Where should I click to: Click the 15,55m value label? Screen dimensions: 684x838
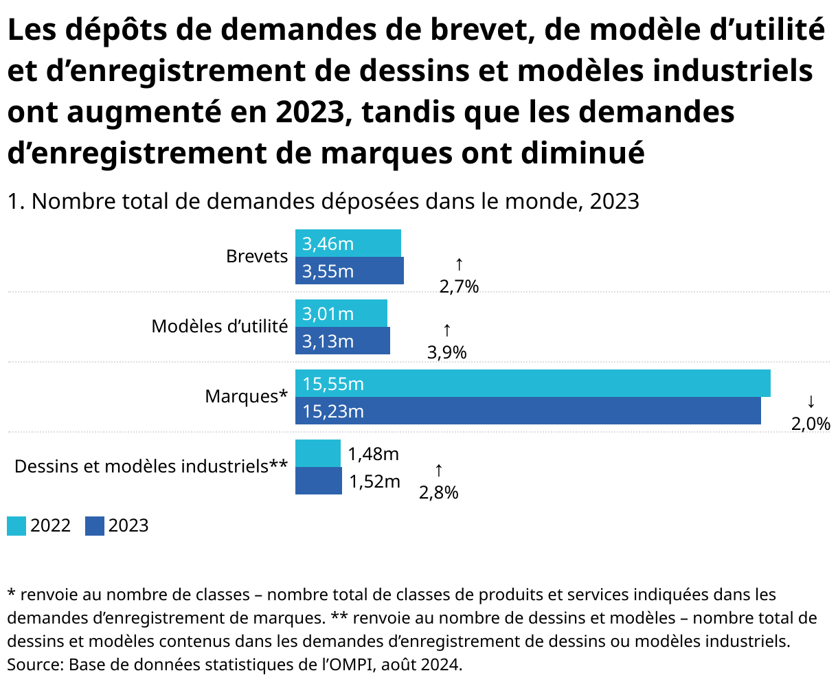coord(333,384)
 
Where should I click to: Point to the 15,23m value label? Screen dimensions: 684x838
coord(333,411)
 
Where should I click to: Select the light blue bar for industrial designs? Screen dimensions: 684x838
coord(318,453)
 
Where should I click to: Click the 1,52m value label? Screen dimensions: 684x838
coord(374,481)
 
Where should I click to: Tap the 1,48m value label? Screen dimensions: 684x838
coord(373,454)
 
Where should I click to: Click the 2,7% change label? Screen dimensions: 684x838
coord(459,287)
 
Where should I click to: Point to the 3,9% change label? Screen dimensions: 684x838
coord(446,353)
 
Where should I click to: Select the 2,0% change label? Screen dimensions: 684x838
coord(811,424)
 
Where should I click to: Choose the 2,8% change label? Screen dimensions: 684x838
coord(439,492)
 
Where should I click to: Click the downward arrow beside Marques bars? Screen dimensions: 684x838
coord(811,400)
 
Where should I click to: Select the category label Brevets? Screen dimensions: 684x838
coord(257,256)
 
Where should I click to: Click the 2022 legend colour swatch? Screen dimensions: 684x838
coord(16,526)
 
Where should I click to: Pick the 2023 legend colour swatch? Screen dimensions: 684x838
coord(95,526)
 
